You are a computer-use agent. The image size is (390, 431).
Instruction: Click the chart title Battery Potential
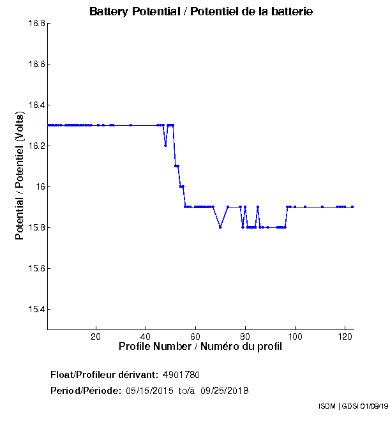(201, 11)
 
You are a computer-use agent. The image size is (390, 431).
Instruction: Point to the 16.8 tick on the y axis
(36, 24)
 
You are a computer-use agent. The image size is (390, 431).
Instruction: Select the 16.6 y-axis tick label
(36, 64)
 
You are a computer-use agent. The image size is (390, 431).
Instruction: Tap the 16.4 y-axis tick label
(36, 105)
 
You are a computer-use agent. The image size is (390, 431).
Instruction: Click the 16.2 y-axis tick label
(36, 146)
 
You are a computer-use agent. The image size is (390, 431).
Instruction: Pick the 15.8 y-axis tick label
(36, 228)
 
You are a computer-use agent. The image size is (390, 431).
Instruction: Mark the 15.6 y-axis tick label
(36, 269)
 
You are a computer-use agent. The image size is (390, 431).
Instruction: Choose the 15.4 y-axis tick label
(36, 310)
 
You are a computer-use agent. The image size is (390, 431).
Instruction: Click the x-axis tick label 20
(96, 336)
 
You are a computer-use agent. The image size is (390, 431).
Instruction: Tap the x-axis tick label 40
(146, 336)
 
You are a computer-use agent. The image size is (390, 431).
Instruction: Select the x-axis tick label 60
(196, 336)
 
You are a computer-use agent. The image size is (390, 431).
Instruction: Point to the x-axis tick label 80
(246, 336)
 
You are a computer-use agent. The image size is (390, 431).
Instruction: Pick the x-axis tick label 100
(295, 336)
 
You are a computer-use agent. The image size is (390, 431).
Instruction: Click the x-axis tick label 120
(345, 336)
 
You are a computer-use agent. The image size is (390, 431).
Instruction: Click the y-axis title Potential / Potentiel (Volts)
(20, 175)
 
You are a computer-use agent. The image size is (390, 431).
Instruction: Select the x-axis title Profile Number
(200, 347)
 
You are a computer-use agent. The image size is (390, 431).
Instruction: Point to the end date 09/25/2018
(224, 390)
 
